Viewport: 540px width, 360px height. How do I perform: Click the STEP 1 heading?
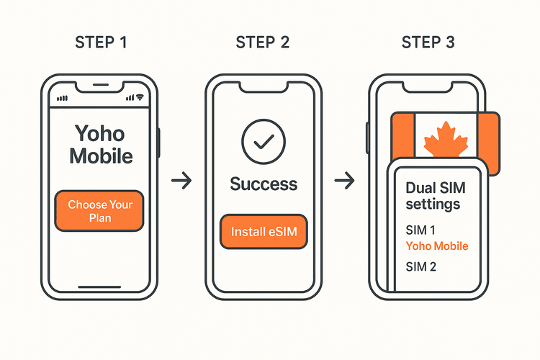101,42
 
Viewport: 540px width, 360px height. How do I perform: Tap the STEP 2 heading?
263,42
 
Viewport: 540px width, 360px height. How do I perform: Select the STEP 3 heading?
428,42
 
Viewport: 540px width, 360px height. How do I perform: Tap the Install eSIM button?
263,232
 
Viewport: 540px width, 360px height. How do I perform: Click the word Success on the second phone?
263,184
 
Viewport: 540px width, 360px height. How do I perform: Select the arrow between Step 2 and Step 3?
346,181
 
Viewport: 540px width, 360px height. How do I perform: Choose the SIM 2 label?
421,267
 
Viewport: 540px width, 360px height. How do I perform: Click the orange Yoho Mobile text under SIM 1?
437,246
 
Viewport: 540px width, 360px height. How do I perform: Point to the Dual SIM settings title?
436,196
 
